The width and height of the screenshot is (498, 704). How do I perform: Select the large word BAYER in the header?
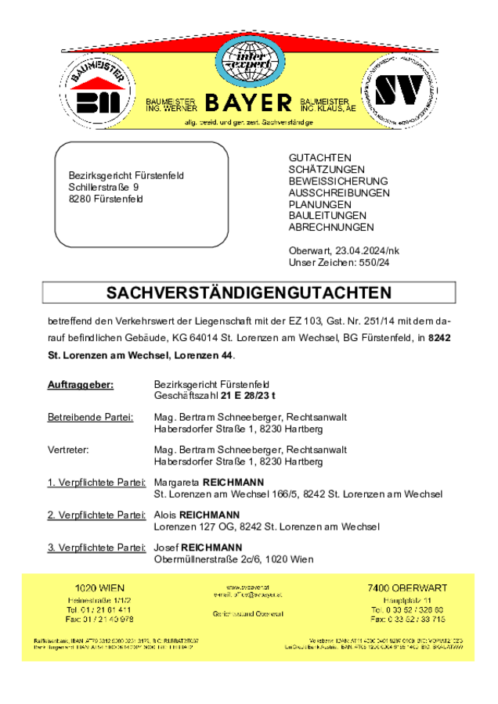pyautogui.click(x=248, y=104)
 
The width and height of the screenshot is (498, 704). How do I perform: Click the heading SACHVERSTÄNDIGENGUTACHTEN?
pyautogui.click(x=248, y=293)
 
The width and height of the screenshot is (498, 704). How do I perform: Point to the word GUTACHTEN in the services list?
pyautogui.click(x=319, y=158)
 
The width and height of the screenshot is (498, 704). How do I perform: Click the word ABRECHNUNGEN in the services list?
pyautogui.click(x=331, y=227)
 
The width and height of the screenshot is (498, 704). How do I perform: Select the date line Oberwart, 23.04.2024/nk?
pyautogui.click(x=344, y=250)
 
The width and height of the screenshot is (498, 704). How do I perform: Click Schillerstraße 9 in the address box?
pyautogui.click(x=103, y=188)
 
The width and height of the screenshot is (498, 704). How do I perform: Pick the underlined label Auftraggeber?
pyautogui.click(x=81, y=384)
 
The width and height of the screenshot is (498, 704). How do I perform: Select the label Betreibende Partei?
pyautogui.click(x=90, y=417)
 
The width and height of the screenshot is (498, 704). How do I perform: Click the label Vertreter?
pyautogui.click(x=68, y=450)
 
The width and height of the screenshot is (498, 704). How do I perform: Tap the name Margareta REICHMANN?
pyautogui.click(x=209, y=482)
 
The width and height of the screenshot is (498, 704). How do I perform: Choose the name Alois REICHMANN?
pyautogui.click(x=197, y=515)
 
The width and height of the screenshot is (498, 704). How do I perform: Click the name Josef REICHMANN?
pyautogui.click(x=198, y=547)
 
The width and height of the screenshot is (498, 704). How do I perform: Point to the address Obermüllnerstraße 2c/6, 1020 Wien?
pyautogui.click(x=234, y=559)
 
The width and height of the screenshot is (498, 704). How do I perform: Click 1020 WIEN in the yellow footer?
pyautogui.click(x=99, y=587)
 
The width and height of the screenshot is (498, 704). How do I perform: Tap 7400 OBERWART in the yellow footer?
pyautogui.click(x=407, y=587)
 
